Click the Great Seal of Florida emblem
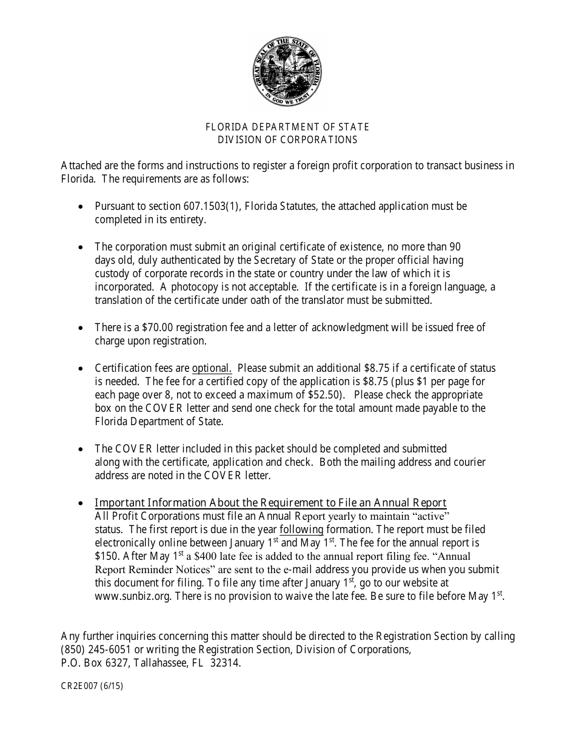(x=287, y=71)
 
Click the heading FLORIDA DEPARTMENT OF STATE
(x=287, y=127)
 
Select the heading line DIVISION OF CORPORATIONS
(x=287, y=139)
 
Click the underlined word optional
(x=212, y=368)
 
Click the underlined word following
(x=301, y=529)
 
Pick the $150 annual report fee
(x=105, y=556)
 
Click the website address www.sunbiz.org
(x=134, y=596)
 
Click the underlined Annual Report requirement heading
(x=270, y=503)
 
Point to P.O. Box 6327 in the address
(x=90, y=663)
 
